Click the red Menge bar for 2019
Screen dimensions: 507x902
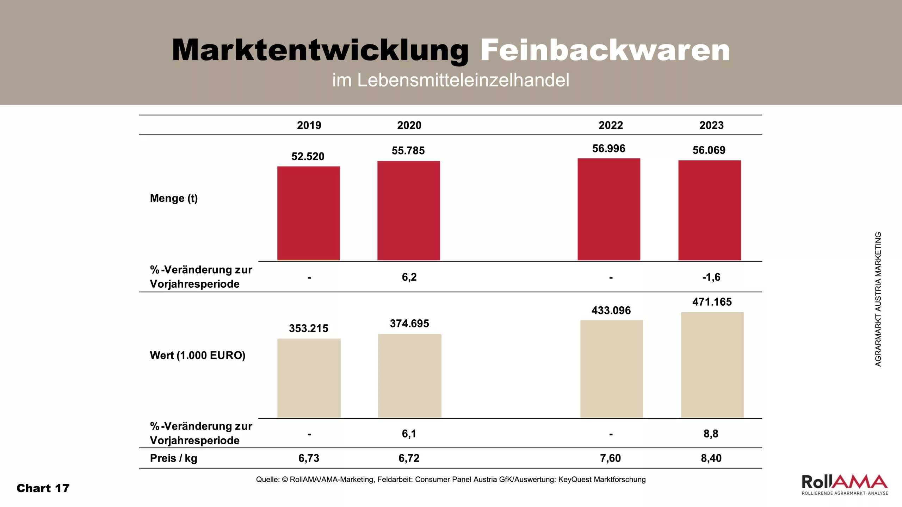click(309, 213)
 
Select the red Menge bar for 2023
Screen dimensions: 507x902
click(710, 210)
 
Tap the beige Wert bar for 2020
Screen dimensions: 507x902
click(409, 375)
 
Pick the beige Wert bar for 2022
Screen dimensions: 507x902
click(611, 369)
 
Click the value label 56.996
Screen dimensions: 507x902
click(608, 149)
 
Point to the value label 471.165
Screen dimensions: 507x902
click(712, 302)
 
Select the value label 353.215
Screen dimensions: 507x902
click(308, 328)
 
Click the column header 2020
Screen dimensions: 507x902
click(409, 125)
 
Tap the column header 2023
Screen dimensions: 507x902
click(711, 125)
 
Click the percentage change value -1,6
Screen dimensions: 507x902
click(711, 277)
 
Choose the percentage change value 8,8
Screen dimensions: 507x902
click(711, 434)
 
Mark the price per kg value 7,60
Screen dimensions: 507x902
click(610, 458)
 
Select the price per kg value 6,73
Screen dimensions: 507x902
click(309, 458)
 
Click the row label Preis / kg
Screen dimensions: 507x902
click(173, 458)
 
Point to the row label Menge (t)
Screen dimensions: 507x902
click(174, 198)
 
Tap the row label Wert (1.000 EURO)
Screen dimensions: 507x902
click(197, 355)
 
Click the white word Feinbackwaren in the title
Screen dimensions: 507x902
click(605, 50)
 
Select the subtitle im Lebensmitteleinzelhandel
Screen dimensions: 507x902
click(451, 80)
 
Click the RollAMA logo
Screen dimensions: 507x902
click(845, 484)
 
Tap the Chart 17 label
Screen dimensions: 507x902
click(43, 488)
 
